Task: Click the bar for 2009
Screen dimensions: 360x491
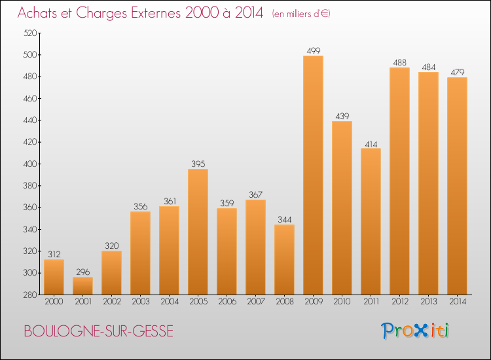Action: click(313, 175)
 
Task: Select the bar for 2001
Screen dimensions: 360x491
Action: click(82, 285)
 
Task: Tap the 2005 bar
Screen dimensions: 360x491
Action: click(198, 232)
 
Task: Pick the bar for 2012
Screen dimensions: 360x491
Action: click(399, 181)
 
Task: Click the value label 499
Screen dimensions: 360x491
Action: click(313, 50)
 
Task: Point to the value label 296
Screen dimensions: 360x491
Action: click(82, 272)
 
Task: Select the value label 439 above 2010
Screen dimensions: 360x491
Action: click(342, 116)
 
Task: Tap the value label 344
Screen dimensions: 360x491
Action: click(284, 219)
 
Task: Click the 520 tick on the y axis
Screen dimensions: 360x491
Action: click(31, 33)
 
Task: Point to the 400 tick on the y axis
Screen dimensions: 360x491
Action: click(31, 164)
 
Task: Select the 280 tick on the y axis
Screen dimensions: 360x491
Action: click(31, 295)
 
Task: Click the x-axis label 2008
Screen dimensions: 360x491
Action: click(284, 302)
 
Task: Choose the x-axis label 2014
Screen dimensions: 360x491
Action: click(457, 302)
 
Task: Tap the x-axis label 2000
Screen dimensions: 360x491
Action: click(54, 302)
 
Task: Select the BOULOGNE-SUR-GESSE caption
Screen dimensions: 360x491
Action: click(99, 331)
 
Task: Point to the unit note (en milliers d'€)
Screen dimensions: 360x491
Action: click(301, 14)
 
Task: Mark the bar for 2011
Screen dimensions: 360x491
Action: click(371, 221)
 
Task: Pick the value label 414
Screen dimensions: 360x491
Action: click(371, 143)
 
